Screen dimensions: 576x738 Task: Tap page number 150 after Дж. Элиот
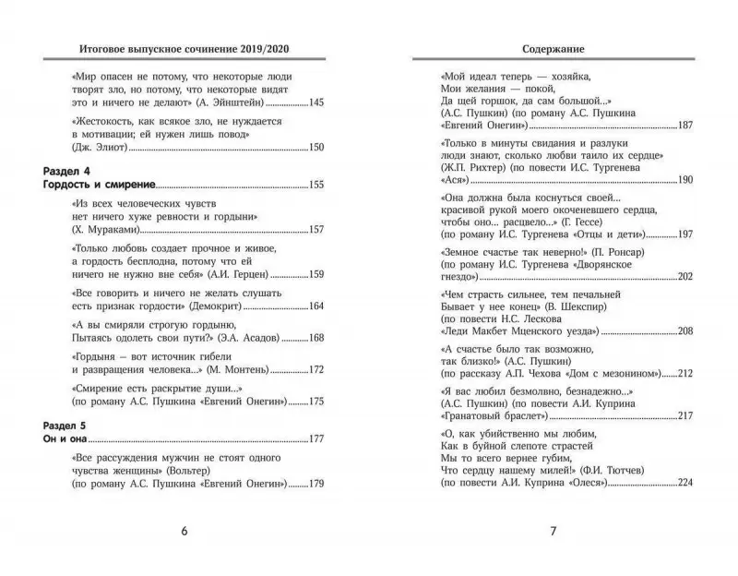[x=316, y=148]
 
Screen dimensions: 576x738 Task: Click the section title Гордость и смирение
[x=100, y=186]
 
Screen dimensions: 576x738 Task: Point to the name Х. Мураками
[x=101, y=229]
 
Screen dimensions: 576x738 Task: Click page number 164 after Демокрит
[x=316, y=306]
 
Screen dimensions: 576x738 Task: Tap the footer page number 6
[x=184, y=531]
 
